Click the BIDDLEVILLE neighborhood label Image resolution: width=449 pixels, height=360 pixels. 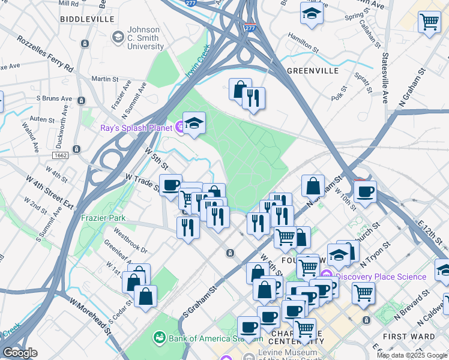pos(87,19)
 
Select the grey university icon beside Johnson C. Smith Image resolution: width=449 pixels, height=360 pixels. pos(118,38)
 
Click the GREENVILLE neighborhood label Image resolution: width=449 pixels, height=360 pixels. pos(313,71)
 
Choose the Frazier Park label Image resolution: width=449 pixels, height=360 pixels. pos(104,218)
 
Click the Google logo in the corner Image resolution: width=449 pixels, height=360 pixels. pos(20,353)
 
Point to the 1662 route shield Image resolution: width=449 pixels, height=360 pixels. pos(76,155)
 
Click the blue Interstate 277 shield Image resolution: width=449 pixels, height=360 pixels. pos(249,28)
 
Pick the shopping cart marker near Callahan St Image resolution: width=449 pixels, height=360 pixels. pos(430,23)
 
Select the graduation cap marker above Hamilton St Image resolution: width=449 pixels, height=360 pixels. pos(312,13)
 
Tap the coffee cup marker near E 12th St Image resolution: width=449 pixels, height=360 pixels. pos(365,193)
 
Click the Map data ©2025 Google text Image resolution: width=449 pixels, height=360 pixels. pos(411,355)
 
